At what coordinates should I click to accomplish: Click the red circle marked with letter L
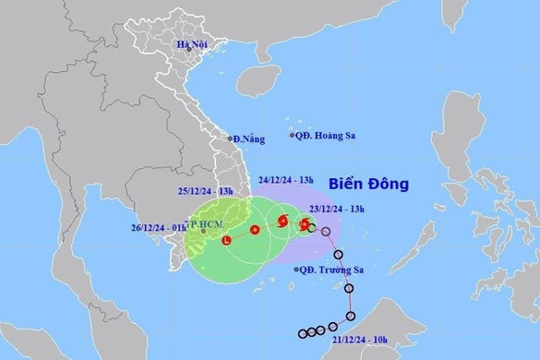pyautogui.click(x=226, y=240)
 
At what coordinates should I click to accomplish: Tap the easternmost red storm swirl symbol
pyautogui.click(x=304, y=224)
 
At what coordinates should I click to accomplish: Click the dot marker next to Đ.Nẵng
pyautogui.click(x=228, y=139)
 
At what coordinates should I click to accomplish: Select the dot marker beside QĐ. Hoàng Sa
pyautogui.click(x=292, y=135)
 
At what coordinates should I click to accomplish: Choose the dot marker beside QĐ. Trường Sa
pyautogui.click(x=297, y=269)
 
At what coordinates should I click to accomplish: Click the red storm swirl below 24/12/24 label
pyautogui.click(x=282, y=220)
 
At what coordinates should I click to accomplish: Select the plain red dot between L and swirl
pyautogui.click(x=255, y=230)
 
